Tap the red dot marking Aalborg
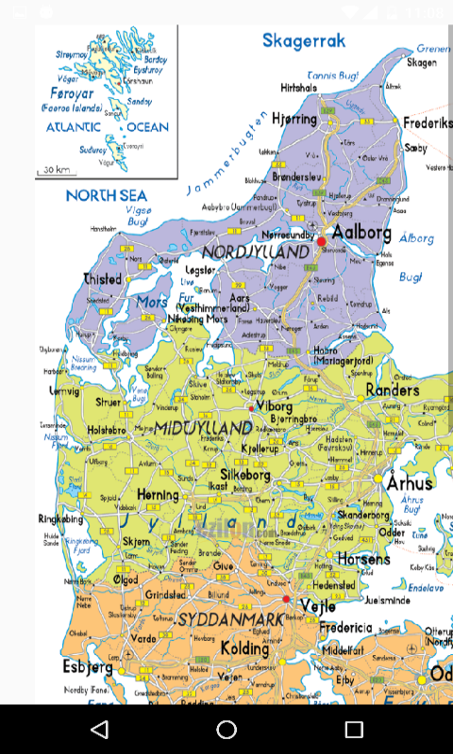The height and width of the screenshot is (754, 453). (x=321, y=242)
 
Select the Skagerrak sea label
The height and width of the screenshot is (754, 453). (x=304, y=41)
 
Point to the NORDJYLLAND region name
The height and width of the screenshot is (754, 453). (x=255, y=253)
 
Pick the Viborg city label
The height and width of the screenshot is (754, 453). (x=275, y=406)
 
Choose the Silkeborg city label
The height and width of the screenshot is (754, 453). (x=245, y=475)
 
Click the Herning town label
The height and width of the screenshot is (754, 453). (x=158, y=494)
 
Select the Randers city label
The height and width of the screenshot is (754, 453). (x=392, y=390)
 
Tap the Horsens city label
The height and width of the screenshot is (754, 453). (x=363, y=559)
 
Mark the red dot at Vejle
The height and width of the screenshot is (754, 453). (x=286, y=598)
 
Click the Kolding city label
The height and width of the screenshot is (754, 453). (x=244, y=648)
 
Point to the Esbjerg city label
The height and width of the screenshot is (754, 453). (x=89, y=667)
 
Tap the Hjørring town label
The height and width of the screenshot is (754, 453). (x=294, y=120)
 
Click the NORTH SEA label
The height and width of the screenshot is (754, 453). (x=107, y=195)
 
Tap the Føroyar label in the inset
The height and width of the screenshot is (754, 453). (x=72, y=93)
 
